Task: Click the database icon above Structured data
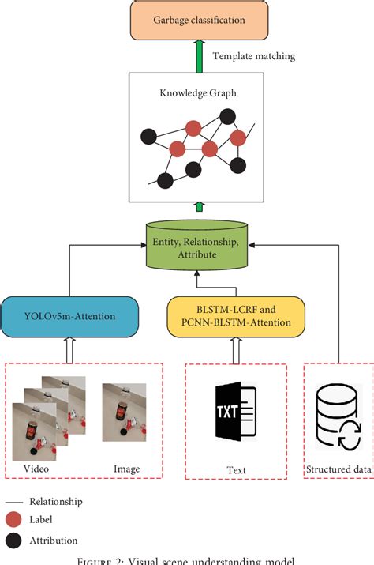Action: (x=338, y=417)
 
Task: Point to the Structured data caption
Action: (x=339, y=469)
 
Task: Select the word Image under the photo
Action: (x=126, y=469)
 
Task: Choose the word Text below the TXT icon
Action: (x=235, y=470)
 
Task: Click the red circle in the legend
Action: (x=13, y=521)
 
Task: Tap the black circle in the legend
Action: (x=13, y=540)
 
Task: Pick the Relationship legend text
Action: (x=55, y=501)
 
